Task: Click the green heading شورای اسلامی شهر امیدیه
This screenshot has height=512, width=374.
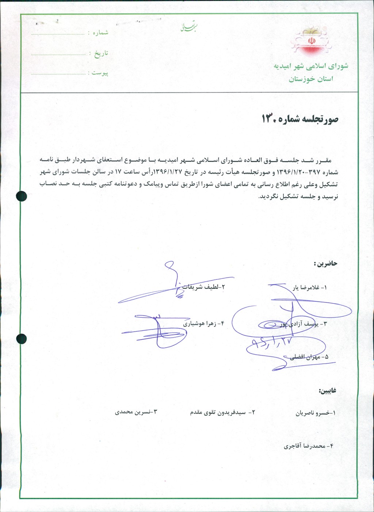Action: pyautogui.click(x=311, y=66)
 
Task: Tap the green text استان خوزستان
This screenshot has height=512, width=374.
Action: pyautogui.click(x=311, y=79)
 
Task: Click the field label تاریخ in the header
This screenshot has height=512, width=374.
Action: pyautogui.click(x=101, y=53)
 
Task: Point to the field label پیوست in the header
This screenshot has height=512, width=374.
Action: pyautogui.click(x=100, y=73)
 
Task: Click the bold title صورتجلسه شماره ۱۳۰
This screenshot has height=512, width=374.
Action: pyautogui.click(x=300, y=119)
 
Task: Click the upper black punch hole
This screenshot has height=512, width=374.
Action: pyautogui.click(x=22, y=196)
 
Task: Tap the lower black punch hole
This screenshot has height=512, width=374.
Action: pyautogui.click(x=22, y=339)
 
